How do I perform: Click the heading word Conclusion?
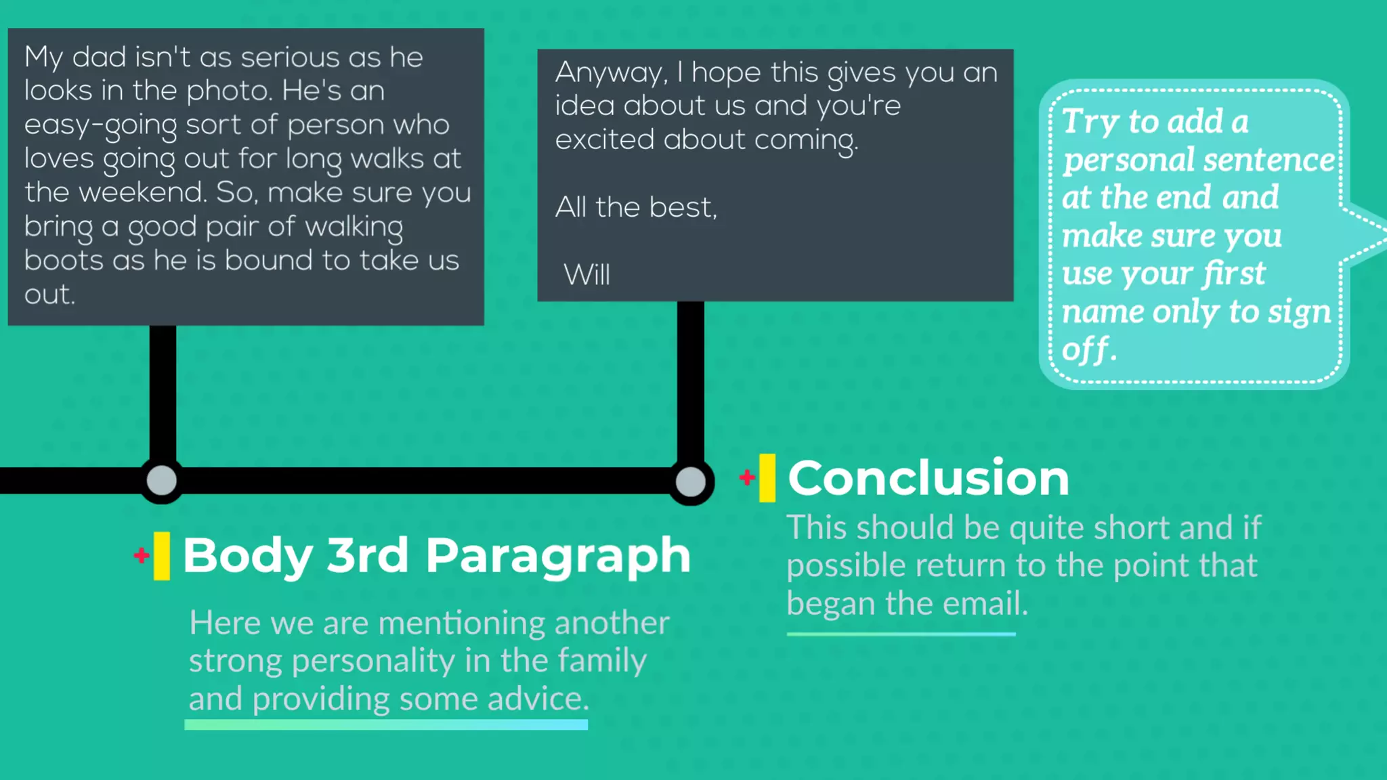click(x=928, y=478)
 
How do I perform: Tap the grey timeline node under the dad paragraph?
click(x=162, y=481)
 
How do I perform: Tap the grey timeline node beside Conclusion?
click(x=691, y=482)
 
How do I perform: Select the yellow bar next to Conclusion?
click(x=767, y=478)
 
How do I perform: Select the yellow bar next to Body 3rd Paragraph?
click(x=162, y=556)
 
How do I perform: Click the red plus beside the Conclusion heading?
click(x=747, y=477)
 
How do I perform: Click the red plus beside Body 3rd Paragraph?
click(x=142, y=555)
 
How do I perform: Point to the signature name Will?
click(x=586, y=275)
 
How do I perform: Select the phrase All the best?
click(x=635, y=207)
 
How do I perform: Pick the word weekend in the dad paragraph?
click(x=142, y=193)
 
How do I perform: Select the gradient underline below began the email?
click(x=901, y=634)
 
